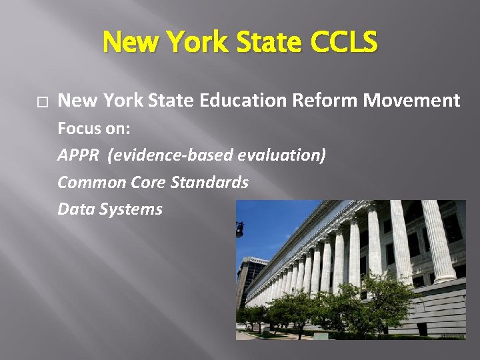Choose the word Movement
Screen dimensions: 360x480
click(412, 101)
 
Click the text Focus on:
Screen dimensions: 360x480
click(94, 128)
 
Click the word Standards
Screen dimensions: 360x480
click(209, 182)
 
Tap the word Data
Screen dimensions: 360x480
click(75, 209)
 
